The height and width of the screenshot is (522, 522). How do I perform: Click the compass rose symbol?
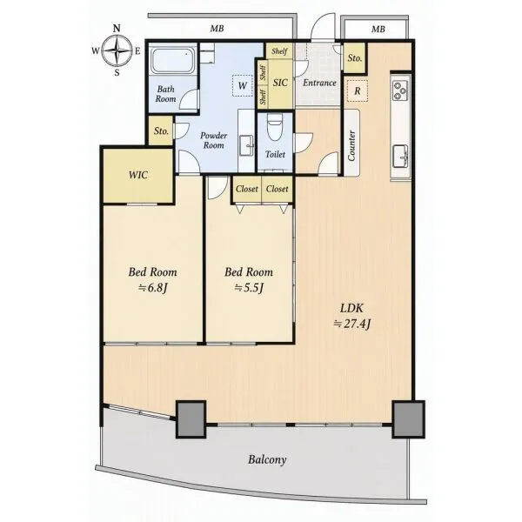click(117, 50)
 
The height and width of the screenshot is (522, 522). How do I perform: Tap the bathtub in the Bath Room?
click(172, 60)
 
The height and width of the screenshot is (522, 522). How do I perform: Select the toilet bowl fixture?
click(275, 129)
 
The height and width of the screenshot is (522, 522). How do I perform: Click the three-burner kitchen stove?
click(400, 90)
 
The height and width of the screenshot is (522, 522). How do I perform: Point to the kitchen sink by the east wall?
click(400, 157)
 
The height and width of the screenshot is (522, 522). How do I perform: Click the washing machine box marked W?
click(242, 86)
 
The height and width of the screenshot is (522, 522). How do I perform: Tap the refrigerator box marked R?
click(358, 90)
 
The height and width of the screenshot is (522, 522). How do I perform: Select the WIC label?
click(138, 175)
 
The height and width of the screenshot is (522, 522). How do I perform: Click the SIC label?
click(280, 83)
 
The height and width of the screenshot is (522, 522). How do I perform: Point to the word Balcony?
click(267, 459)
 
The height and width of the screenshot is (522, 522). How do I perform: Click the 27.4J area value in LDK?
click(352, 324)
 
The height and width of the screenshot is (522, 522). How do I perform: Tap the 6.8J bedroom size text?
click(152, 288)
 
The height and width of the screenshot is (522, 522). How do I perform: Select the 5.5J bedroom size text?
click(249, 288)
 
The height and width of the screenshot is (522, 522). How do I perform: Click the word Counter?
click(351, 145)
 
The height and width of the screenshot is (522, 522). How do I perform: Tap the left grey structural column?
click(191, 419)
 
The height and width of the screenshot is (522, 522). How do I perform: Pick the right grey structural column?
click(409, 419)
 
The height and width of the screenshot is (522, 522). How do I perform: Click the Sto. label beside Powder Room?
click(161, 131)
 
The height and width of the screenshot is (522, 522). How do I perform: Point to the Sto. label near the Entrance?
click(355, 58)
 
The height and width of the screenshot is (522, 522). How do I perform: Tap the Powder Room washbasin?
click(247, 144)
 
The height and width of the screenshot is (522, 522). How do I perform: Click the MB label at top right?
click(378, 30)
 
